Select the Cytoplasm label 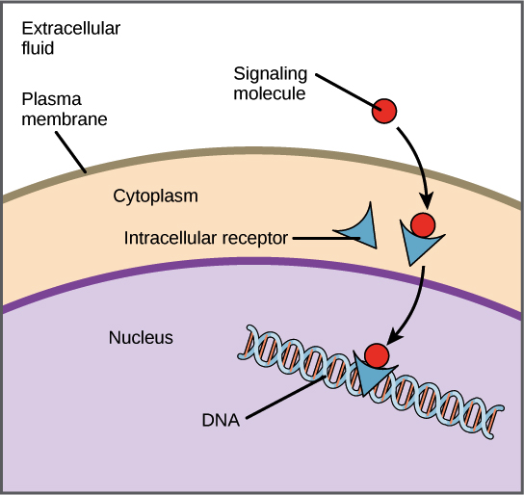coord(155,195)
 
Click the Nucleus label coord(141,337)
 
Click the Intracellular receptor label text coord(206,237)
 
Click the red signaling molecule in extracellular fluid coord(384,111)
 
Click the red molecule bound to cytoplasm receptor coord(422,225)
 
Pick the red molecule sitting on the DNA coord(377,355)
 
